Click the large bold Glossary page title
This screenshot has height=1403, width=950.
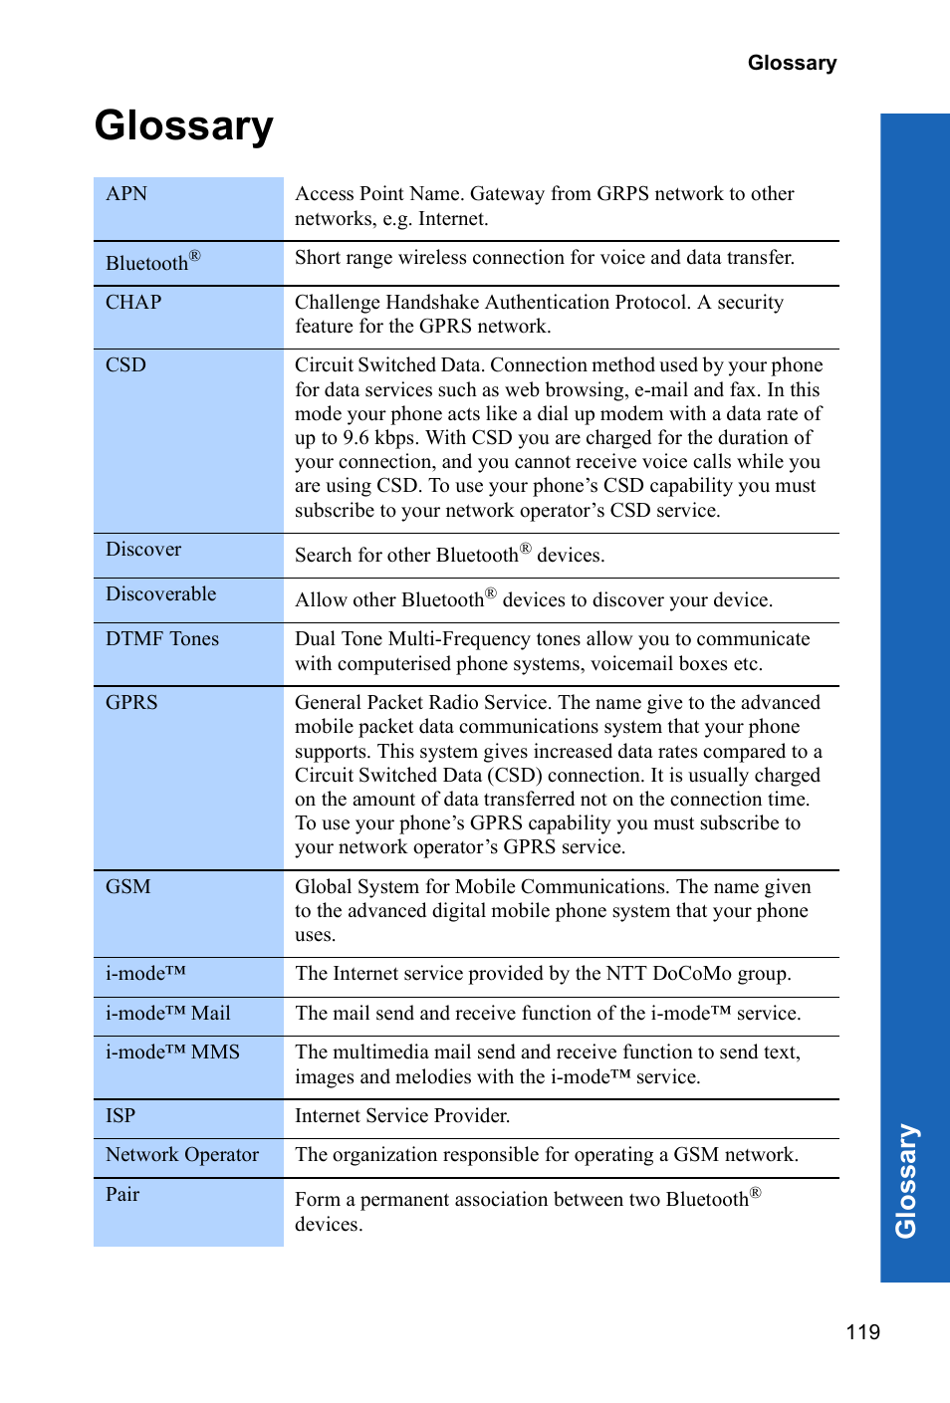pyautogui.click(x=184, y=126)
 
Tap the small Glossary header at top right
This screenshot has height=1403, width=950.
pyautogui.click(x=792, y=63)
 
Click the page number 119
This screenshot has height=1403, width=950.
pyautogui.click(x=862, y=1332)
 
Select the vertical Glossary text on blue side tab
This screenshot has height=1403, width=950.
pyautogui.click(x=906, y=1181)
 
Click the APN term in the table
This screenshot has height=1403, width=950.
pyautogui.click(x=126, y=194)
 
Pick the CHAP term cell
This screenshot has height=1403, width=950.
pyautogui.click(x=133, y=303)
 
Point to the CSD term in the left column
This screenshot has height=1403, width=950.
pyautogui.click(x=125, y=365)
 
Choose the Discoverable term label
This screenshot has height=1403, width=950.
pyautogui.click(x=161, y=594)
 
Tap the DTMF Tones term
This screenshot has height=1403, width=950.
pyautogui.click(x=162, y=639)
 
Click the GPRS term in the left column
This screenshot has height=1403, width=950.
pyautogui.click(x=131, y=703)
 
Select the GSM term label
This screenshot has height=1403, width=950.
pyautogui.click(x=128, y=887)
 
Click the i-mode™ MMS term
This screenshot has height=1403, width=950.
pyautogui.click(x=172, y=1052)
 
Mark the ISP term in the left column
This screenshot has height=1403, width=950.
pyautogui.click(x=120, y=1116)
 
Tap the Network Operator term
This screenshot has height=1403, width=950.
pyautogui.click(x=182, y=1155)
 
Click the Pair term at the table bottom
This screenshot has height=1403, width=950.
pyautogui.click(x=122, y=1195)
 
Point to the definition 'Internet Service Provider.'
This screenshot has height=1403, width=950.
pyautogui.click(x=402, y=1116)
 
